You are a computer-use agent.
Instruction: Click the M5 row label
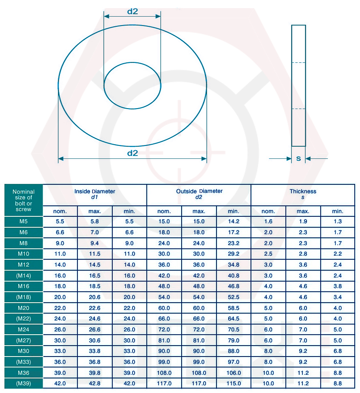tap(24, 222)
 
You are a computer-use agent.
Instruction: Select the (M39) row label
tap(24, 383)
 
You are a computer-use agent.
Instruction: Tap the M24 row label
tap(24, 329)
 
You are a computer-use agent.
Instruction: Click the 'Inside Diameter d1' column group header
tap(94, 194)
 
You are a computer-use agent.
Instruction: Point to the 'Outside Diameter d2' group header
tap(199, 194)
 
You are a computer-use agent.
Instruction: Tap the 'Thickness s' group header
tap(303, 194)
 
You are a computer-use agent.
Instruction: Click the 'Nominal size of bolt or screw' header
tap(24, 201)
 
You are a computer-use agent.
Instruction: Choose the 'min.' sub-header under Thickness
tap(338, 211)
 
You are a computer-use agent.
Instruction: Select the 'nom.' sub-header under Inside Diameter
tap(60, 211)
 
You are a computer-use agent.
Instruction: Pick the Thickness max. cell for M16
tap(303, 286)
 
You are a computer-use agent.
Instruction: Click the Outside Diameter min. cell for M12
tap(234, 265)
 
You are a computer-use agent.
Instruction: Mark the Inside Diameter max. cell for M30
tap(94, 351)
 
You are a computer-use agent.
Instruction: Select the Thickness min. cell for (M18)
tap(338, 297)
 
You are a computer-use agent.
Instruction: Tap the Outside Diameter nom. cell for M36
tap(164, 373)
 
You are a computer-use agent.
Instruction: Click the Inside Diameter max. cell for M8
tap(94, 243)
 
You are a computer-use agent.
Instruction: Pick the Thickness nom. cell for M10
tap(268, 254)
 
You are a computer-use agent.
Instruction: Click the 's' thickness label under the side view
tap(298, 159)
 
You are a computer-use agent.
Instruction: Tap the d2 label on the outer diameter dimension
tap(133, 153)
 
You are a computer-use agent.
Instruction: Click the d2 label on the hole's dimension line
tap(133, 11)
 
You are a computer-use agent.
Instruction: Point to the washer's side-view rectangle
tap(298, 85)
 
